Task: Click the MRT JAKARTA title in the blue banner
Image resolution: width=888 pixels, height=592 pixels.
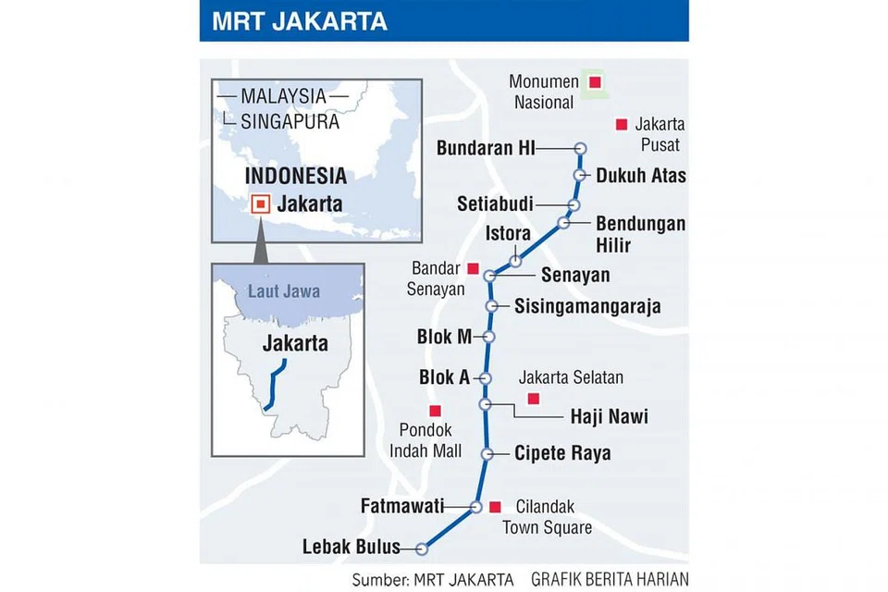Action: coord(300,21)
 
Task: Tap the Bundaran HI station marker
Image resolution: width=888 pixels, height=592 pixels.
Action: coord(580,148)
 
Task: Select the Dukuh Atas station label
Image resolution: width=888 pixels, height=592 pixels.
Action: coord(641,174)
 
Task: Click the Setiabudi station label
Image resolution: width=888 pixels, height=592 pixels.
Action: coord(494,203)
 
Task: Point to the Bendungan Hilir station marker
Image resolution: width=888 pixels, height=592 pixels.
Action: coord(563,223)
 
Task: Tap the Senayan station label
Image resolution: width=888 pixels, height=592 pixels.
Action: coord(575,275)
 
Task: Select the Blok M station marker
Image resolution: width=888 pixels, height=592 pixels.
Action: coord(489,337)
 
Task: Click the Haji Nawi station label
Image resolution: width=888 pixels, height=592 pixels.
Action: coord(609,416)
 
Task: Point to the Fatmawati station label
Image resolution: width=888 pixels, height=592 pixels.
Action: coord(402,506)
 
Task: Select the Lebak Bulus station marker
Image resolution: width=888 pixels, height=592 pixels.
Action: coord(422,548)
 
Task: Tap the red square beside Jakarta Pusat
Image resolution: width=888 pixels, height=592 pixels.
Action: coord(622,124)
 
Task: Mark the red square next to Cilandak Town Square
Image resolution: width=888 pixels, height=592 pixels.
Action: coord(495,506)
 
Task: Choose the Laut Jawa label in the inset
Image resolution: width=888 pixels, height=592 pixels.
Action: coord(284,291)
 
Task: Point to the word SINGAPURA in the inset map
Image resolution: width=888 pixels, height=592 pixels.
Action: coord(290,121)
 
